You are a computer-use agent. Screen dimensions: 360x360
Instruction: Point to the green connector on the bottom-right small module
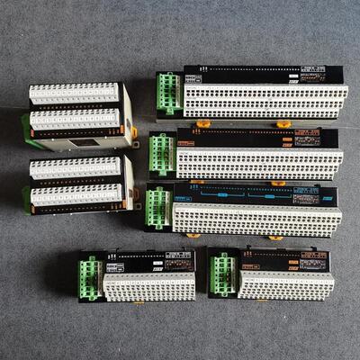coord(222,274)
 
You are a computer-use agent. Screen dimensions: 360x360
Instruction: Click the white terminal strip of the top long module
coord(265,100)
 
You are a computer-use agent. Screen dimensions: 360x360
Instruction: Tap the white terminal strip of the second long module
coord(259,163)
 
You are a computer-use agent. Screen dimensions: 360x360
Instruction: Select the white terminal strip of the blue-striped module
coord(256,219)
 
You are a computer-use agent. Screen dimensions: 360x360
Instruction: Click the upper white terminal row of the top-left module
coord(74,93)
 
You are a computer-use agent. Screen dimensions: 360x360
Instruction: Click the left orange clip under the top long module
coord(203,123)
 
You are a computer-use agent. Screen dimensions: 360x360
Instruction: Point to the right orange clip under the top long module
coord(284,123)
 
